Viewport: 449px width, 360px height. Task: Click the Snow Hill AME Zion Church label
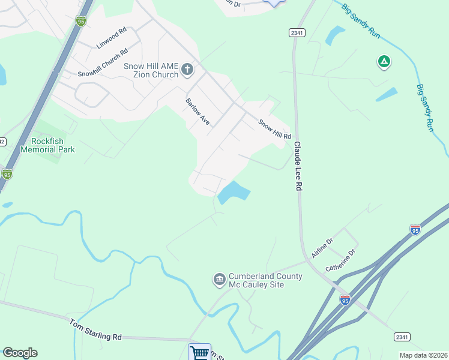click(151, 70)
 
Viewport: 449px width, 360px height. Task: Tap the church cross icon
click(187, 70)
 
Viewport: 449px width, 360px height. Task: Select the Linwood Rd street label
click(111, 38)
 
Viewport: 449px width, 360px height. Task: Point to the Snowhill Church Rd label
click(103, 63)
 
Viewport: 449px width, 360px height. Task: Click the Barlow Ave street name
click(197, 112)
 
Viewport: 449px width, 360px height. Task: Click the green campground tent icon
click(384, 61)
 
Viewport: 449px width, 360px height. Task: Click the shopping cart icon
click(199, 352)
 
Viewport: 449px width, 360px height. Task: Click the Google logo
click(20, 353)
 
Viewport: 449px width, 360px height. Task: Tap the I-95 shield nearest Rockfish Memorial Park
click(7, 175)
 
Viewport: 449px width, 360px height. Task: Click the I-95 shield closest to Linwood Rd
click(81, 21)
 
